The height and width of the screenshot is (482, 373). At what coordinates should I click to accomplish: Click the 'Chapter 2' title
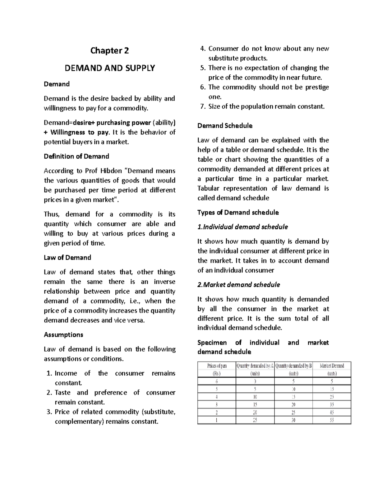(x=109, y=51)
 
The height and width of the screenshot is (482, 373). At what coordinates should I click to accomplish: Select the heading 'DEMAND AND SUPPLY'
(x=109, y=68)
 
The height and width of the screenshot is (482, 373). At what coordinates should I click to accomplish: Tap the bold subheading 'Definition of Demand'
(x=76, y=156)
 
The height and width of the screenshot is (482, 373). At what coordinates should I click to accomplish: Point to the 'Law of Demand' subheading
(x=67, y=258)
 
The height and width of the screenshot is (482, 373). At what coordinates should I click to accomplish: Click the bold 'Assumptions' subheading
(x=63, y=335)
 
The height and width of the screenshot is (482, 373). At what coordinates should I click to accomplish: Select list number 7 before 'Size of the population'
(x=203, y=106)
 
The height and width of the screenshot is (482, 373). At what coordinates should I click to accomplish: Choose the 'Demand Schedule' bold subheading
(x=225, y=126)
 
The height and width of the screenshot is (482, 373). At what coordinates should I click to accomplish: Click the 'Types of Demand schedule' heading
(x=238, y=213)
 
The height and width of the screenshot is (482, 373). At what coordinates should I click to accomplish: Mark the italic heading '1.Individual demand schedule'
(x=242, y=227)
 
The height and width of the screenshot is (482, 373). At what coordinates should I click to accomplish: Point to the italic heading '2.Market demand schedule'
(x=239, y=285)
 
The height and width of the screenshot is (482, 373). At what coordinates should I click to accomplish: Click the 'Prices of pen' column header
(x=217, y=366)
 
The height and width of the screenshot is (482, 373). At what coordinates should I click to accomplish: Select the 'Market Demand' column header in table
(x=332, y=366)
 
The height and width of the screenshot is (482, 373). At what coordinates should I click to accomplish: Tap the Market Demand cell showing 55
(x=332, y=420)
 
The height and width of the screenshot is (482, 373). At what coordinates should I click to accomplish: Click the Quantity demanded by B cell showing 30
(x=293, y=420)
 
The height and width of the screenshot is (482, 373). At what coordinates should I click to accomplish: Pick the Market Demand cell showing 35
(x=332, y=405)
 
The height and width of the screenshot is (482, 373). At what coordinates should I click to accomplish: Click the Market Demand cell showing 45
(x=332, y=412)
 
